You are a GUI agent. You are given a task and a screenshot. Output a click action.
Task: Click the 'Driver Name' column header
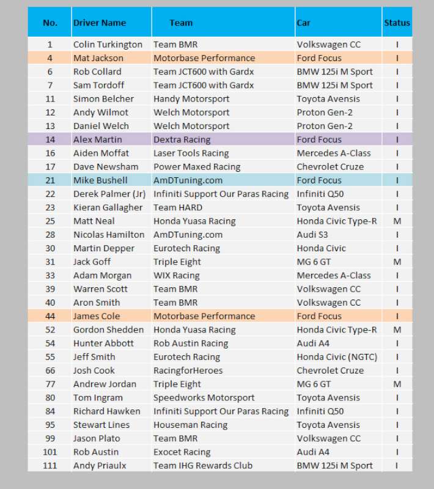pos(100,23)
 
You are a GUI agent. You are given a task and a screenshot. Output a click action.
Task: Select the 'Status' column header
pos(397,23)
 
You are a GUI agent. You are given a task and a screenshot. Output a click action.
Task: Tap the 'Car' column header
pos(304,23)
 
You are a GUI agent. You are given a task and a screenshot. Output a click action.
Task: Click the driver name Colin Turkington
pos(108,45)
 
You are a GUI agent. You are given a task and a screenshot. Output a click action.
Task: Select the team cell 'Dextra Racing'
pos(182,139)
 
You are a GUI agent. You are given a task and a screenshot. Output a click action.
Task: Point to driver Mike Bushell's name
pos(100,180)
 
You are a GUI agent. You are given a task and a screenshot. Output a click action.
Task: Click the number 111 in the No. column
pos(50,466)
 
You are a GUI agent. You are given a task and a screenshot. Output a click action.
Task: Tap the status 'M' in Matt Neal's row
pos(397,221)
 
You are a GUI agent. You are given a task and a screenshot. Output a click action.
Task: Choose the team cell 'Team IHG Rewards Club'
pos(202,466)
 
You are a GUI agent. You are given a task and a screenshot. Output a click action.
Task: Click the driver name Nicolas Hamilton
pos(109,235)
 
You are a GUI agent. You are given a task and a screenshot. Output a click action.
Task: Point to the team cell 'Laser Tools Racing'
pos(191,153)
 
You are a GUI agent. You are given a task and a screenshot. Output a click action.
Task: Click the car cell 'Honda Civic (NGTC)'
pos(337,357)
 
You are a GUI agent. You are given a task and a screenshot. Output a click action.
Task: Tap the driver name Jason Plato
pos(97,438)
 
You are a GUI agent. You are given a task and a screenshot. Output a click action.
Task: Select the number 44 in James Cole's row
pos(50,316)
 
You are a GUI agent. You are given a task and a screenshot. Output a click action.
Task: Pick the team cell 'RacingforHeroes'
pos(188,370)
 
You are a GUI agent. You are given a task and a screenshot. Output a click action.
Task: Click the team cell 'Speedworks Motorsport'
pos(204,398)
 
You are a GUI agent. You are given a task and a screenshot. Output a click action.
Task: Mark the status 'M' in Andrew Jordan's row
pos(397,384)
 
